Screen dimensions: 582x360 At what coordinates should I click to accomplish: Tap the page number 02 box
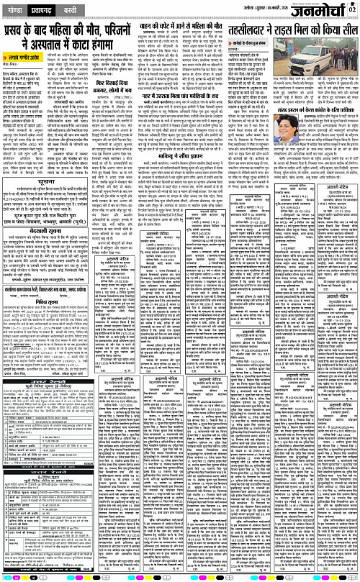point(353,9)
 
